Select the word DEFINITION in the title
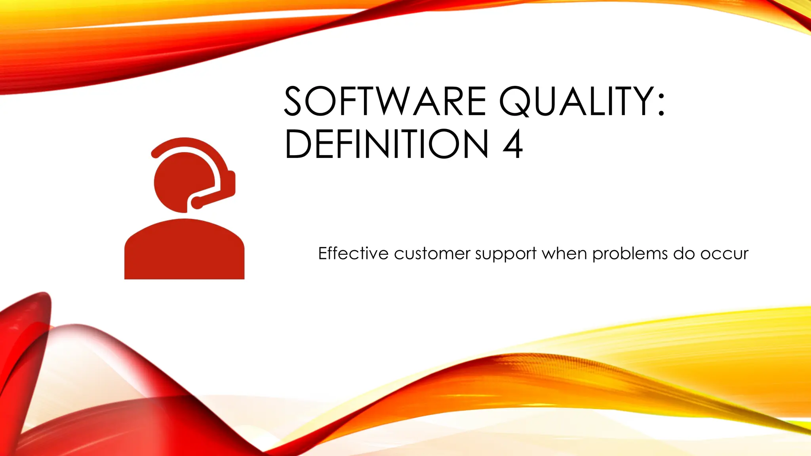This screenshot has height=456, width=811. (386, 144)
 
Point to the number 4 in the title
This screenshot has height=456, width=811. (513, 144)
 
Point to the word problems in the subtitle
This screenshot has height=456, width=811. (630, 254)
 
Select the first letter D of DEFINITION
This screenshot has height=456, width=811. (298, 144)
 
